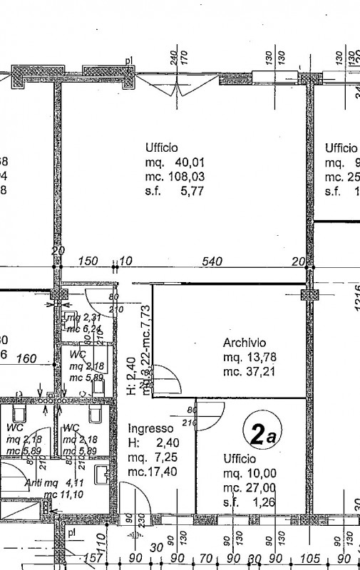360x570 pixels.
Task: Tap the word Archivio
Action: (x=245, y=341)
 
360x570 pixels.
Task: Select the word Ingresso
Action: (x=150, y=428)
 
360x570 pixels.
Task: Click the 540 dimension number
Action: (x=212, y=261)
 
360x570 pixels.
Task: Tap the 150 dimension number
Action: (x=88, y=261)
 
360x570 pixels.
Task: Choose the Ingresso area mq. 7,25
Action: (x=150, y=457)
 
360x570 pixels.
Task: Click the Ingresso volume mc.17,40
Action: (x=150, y=471)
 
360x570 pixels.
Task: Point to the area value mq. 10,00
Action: (x=250, y=473)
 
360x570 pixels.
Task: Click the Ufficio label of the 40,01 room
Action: (x=161, y=148)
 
